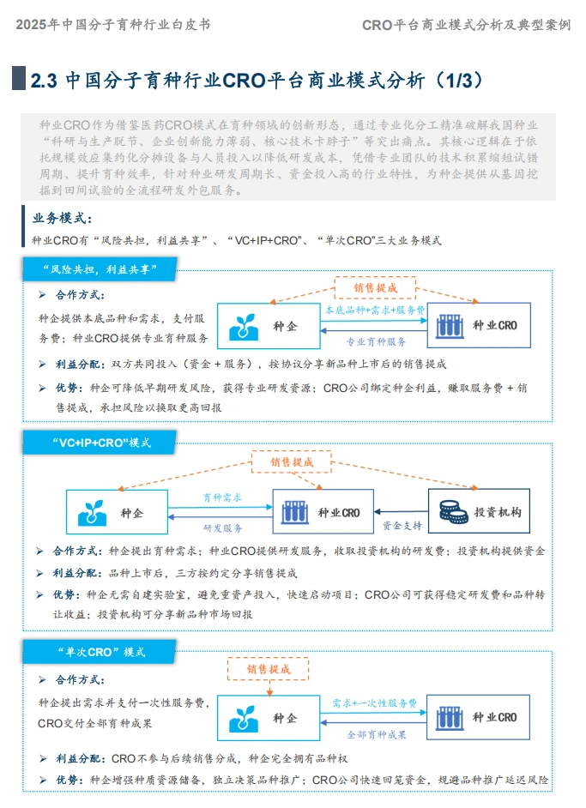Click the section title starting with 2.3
pyautogui.click(x=257, y=81)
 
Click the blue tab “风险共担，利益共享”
pyautogui.click(x=99, y=270)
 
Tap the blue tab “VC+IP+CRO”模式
pyautogui.click(x=100, y=443)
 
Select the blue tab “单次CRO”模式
pyautogui.click(x=100, y=652)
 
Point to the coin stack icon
pyautogui.click(x=452, y=512)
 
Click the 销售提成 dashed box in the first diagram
pyautogui.click(x=375, y=287)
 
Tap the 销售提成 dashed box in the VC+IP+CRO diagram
pyautogui.click(x=292, y=461)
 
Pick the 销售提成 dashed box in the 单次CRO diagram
pyautogui.click(x=269, y=669)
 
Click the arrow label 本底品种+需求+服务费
pyautogui.click(x=373, y=310)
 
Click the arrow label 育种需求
pyautogui.click(x=222, y=497)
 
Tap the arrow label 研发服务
pyautogui.click(x=222, y=528)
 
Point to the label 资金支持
pyautogui.click(x=402, y=525)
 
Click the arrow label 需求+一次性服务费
pyautogui.click(x=375, y=702)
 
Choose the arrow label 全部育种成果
pyautogui.click(x=376, y=734)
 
